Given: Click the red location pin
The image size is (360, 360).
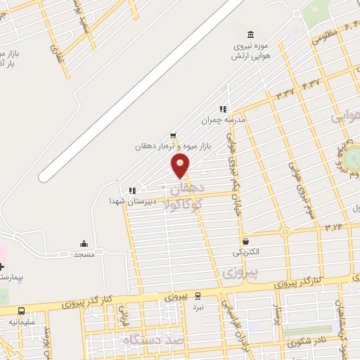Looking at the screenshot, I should (181, 165).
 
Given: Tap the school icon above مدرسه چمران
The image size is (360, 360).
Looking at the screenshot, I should (223, 109).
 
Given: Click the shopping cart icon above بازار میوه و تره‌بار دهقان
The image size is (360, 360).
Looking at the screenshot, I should (173, 136).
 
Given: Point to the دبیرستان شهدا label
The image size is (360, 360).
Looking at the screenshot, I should (126, 200).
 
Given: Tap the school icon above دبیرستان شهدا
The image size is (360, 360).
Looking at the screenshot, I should (131, 190).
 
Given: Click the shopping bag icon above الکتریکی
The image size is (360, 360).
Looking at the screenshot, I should (245, 240).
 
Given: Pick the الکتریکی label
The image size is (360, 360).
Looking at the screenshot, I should (246, 251).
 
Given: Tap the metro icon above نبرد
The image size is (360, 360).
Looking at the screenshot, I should (198, 296).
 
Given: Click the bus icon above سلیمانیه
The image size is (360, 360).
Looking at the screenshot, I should (22, 311).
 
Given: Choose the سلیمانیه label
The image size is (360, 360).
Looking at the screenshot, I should (22, 321).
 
